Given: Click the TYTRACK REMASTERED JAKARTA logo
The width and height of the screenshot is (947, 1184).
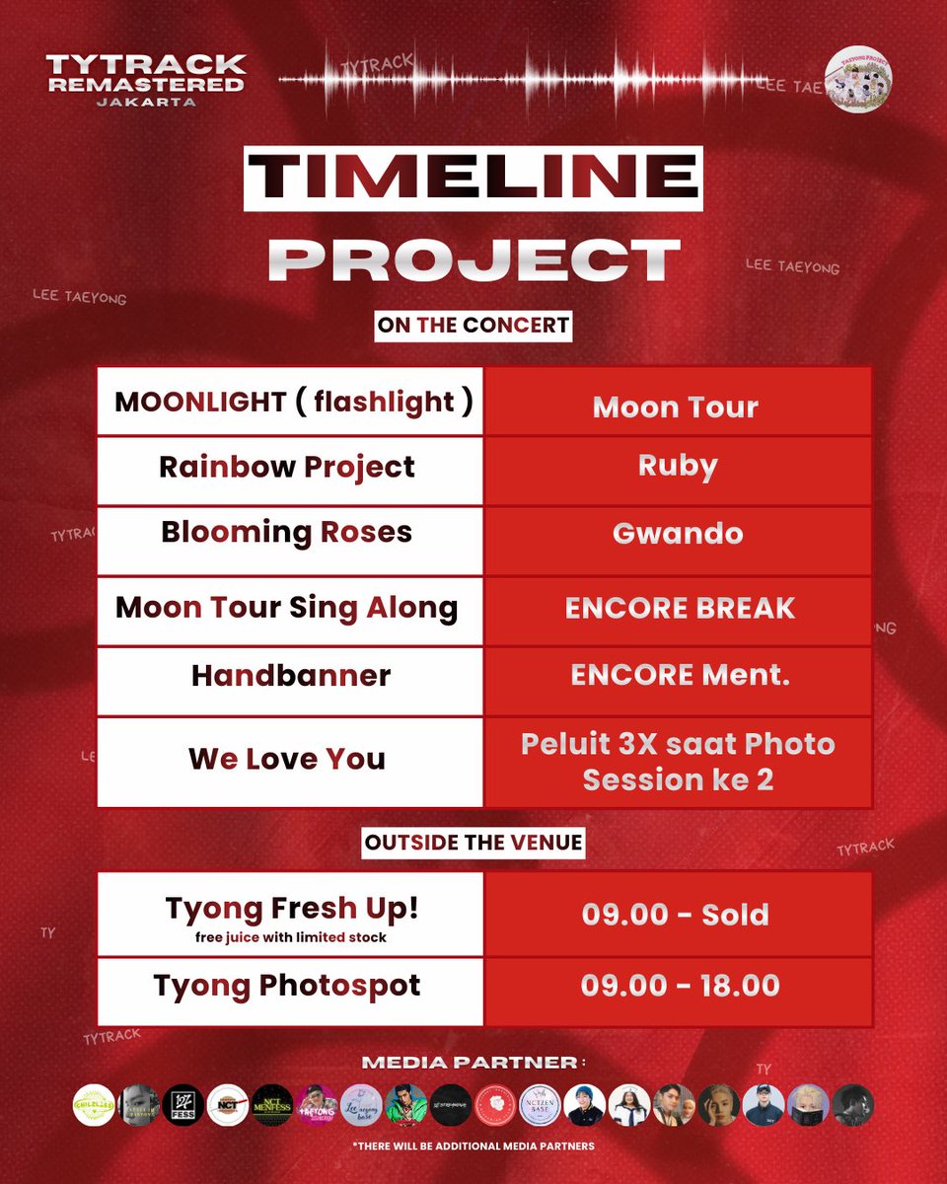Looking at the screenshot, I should tap(145, 80).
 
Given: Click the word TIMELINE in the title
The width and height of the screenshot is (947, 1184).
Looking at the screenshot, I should tap(473, 179).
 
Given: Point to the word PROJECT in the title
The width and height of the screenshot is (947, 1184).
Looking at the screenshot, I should tap(473, 259).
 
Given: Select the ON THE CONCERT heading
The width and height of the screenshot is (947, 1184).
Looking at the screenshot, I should tap(473, 325).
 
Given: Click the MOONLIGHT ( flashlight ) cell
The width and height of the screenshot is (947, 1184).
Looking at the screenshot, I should tap(290, 402).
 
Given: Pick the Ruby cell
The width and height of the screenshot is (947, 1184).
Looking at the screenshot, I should tap(678, 466).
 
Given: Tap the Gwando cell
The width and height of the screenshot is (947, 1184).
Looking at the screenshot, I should tap(678, 534).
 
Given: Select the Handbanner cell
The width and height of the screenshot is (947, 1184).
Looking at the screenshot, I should tap(290, 676).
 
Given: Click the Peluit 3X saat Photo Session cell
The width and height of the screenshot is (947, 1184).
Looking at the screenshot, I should tap(678, 761).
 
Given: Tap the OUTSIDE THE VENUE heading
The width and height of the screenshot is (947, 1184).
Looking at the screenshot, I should tap(473, 844).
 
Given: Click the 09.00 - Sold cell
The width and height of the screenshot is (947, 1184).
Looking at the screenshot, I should tap(678, 914).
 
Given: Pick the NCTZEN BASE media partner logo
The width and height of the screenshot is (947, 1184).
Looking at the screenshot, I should tap(540, 1105).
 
